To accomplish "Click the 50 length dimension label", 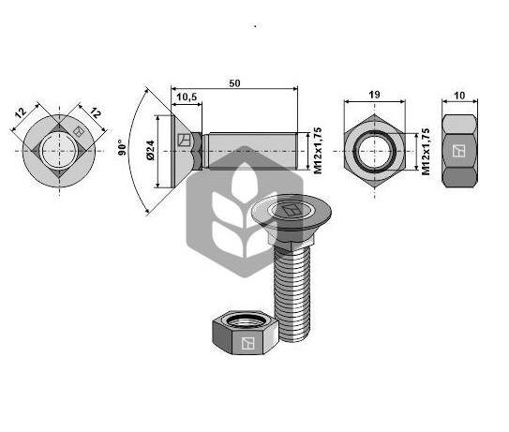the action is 234,83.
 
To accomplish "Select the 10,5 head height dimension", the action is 187,97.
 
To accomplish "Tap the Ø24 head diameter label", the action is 151,150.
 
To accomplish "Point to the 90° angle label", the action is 122,147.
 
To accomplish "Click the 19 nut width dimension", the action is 374,95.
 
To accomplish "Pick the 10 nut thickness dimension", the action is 459,96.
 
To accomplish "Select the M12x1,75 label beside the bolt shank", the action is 318,151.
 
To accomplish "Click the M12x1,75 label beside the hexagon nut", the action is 426,152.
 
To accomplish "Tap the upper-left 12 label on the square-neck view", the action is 21,113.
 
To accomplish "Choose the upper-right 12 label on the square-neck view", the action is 96,113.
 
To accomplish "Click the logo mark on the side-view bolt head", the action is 184,140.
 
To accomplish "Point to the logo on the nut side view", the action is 458,151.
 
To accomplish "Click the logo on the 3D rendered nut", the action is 247,343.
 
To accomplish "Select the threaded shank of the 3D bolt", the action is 292,293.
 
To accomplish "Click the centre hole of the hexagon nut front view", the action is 374,151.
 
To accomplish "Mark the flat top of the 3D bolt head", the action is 292,210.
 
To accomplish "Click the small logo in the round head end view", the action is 78,131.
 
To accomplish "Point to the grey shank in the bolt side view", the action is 253,151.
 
